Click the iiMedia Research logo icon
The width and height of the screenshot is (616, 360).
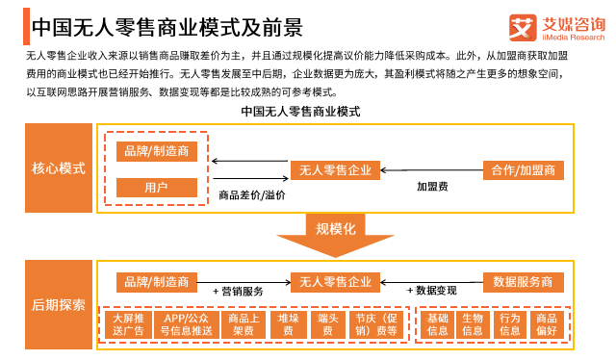523,28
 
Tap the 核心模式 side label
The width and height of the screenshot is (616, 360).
59,167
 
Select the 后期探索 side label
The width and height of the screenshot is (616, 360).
59,304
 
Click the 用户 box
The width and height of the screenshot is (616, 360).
157,188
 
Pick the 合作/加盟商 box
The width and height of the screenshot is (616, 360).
524,170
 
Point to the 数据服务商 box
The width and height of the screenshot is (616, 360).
524,282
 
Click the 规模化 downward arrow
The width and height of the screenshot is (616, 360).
336,235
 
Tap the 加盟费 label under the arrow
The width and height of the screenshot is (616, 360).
432,187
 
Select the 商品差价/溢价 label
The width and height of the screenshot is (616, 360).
252,195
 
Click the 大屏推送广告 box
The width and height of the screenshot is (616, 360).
128,324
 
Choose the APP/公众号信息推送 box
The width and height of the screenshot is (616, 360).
186,324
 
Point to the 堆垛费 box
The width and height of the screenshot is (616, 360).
289,324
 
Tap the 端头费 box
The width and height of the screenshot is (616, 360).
327,324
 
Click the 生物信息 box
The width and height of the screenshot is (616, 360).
473,324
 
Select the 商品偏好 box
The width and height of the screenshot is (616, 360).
547,324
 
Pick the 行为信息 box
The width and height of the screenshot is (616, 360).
509,324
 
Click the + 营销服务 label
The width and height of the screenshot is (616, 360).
238,292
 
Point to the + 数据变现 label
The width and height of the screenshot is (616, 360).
431,291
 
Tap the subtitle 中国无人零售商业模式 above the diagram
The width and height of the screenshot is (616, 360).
300,112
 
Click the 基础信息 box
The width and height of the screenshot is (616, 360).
437,324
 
